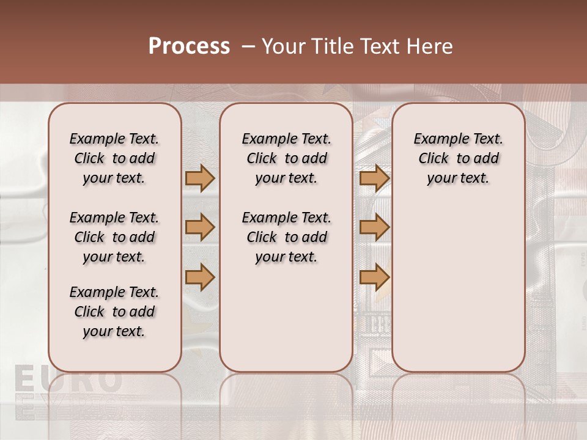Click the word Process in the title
pos(189,46)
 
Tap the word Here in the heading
pos(430,46)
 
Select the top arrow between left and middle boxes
pos(200,178)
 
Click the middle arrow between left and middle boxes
pos(200,227)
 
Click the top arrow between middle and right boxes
pos(374,178)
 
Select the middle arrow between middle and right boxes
pos(374,227)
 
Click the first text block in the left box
pos(114,158)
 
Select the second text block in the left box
pos(114,237)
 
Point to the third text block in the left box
pos(114,312)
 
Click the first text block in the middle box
pos(286,158)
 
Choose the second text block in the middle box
pos(286,237)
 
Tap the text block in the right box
pos(458,158)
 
